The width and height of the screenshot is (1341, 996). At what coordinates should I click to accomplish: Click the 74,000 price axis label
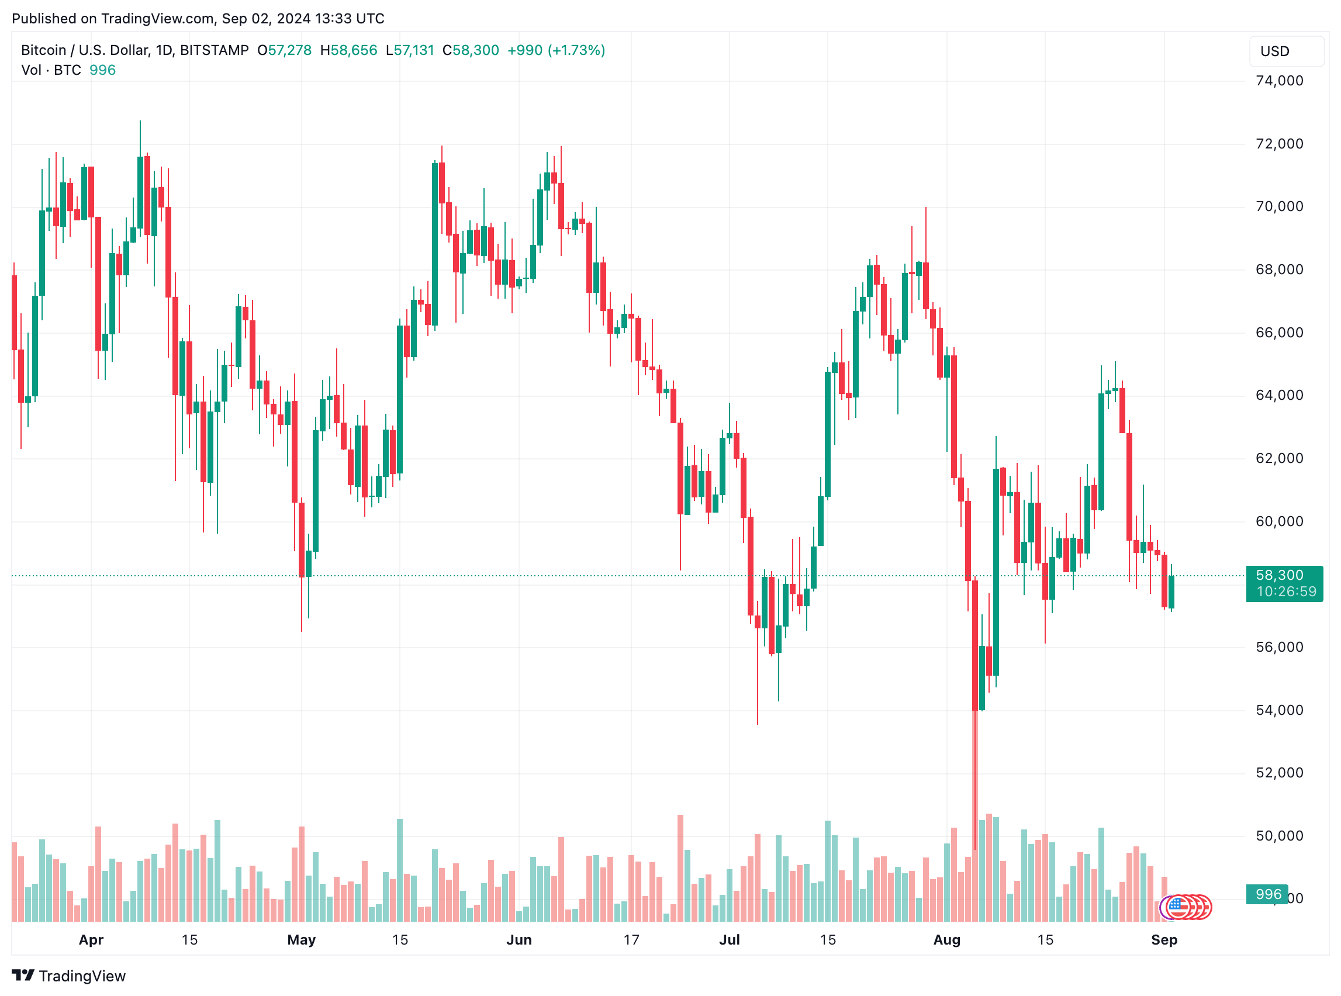pyautogui.click(x=1278, y=81)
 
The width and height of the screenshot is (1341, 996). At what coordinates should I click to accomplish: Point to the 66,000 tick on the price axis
pyautogui.click(x=1278, y=333)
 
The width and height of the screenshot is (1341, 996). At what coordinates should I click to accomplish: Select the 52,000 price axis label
pyautogui.click(x=1278, y=773)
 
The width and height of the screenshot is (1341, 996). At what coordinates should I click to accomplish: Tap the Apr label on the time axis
pyautogui.click(x=91, y=940)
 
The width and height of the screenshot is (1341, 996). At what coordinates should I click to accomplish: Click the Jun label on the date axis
pyautogui.click(x=519, y=940)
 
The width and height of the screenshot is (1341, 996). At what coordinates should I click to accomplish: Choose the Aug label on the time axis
pyautogui.click(x=946, y=940)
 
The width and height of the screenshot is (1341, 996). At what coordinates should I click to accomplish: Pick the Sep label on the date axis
pyautogui.click(x=1164, y=940)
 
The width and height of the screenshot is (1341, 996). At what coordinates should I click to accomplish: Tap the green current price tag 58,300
pyautogui.click(x=1279, y=575)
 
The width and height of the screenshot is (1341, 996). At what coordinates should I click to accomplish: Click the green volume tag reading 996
pyautogui.click(x=1268, y=894)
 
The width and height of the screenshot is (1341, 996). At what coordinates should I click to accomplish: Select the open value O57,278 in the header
pyautogui.click(x=284, y=50)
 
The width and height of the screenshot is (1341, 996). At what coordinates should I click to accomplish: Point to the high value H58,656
pyautogui.click(x=348, y=50)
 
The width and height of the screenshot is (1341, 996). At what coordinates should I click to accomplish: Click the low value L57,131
pyautogui.click(x=410, y=50)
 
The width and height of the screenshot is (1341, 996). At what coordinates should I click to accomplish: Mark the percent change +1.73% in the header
pyautogui.click(x=576, y=50)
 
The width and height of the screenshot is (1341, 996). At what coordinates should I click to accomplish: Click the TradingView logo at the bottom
pyautogui.click(x=69, y=976)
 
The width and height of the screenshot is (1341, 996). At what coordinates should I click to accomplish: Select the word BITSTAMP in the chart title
pyautogui.click(x=214, y=50)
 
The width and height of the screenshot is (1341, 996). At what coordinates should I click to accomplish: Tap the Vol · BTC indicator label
pyautogui.click(x=51, y=70)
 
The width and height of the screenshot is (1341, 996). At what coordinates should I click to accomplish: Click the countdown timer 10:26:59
pyautogui.click(x=1286, y=592)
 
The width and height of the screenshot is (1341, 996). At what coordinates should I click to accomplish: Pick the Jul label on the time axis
pyautogui.click(x=729, y=940)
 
